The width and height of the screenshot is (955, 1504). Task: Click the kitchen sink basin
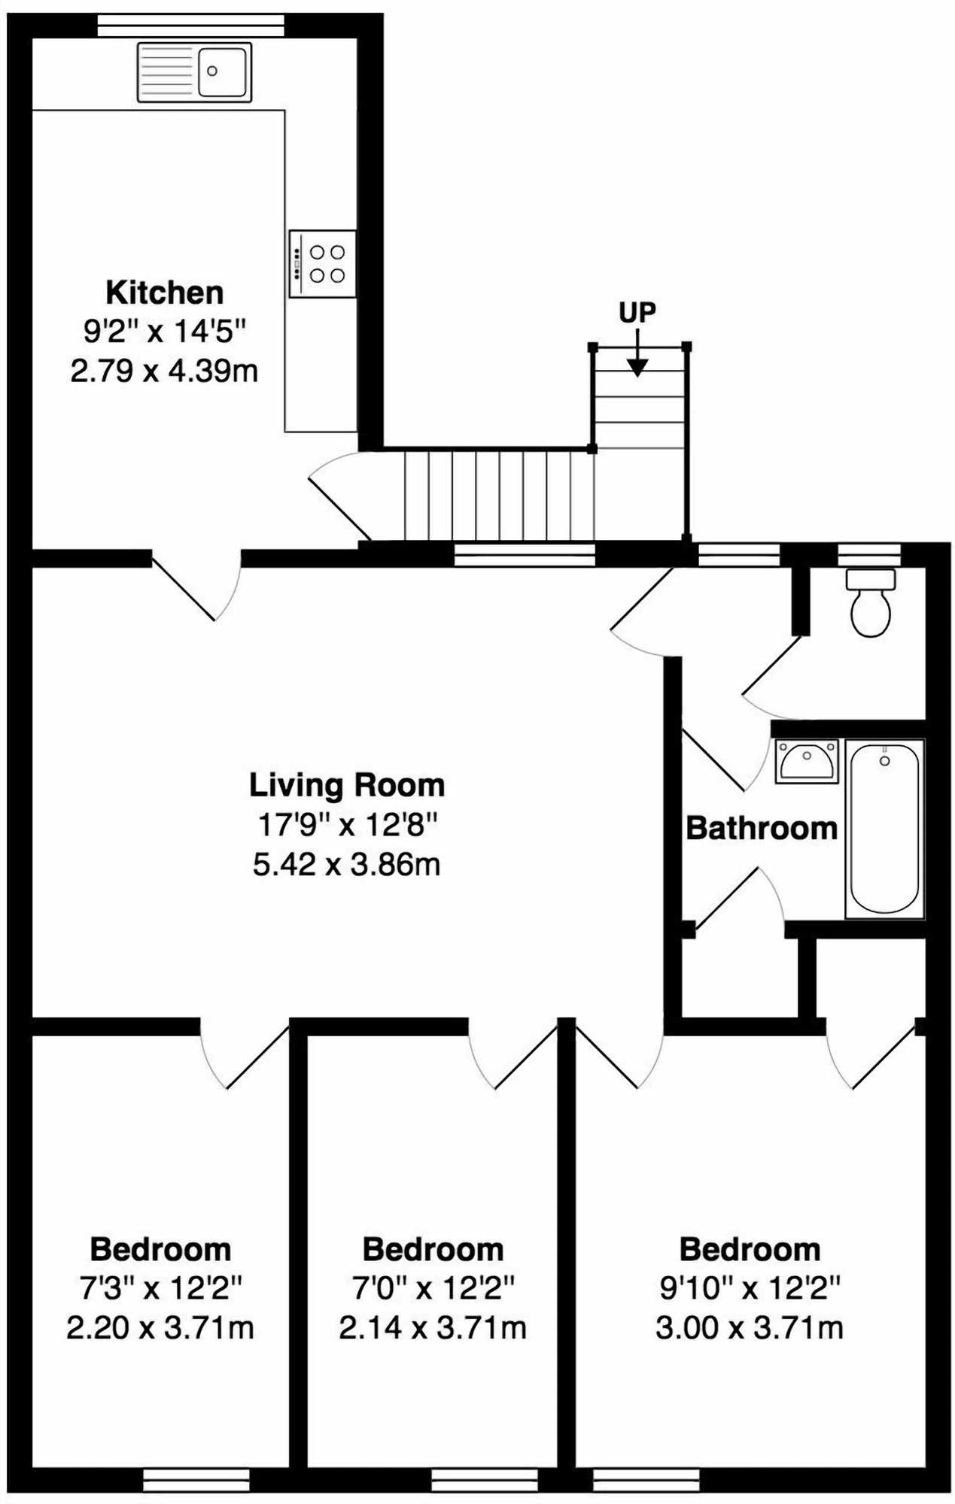pos(222,71)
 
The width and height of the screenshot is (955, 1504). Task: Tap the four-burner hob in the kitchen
pos(323,264)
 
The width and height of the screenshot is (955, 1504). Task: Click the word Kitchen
pos(164,293)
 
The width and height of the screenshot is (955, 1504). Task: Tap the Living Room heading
pos(347,785)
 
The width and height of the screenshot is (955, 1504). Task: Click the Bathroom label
pos(762,828)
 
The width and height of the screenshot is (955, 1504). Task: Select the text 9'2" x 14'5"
pos(164,331)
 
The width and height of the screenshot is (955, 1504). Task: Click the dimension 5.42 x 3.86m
pos(347,865)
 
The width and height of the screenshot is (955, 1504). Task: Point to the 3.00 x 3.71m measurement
pos(750,1328)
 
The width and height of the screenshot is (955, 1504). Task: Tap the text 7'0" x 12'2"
pos(433,1289)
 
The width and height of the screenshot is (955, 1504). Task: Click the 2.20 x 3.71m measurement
pos(160,1328)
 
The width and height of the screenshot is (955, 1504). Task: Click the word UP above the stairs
pos(637,312)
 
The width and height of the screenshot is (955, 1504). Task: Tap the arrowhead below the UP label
pos(637,368)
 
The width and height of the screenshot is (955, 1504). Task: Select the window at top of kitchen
pos(191,26)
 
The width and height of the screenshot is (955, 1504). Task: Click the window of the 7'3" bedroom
pos(196,1480)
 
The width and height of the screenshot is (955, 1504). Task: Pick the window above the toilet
pos(869,555)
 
